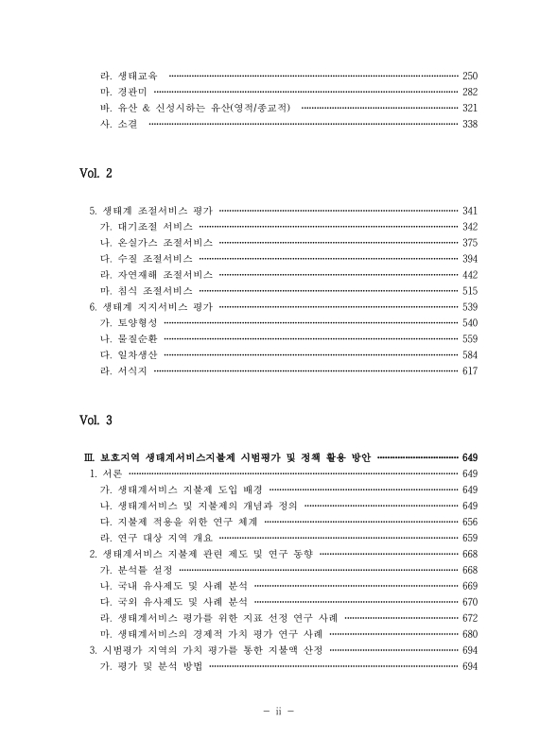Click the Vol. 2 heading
pos(96,174)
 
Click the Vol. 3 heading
pos(96,419)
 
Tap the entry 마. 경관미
pos(118,92)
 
